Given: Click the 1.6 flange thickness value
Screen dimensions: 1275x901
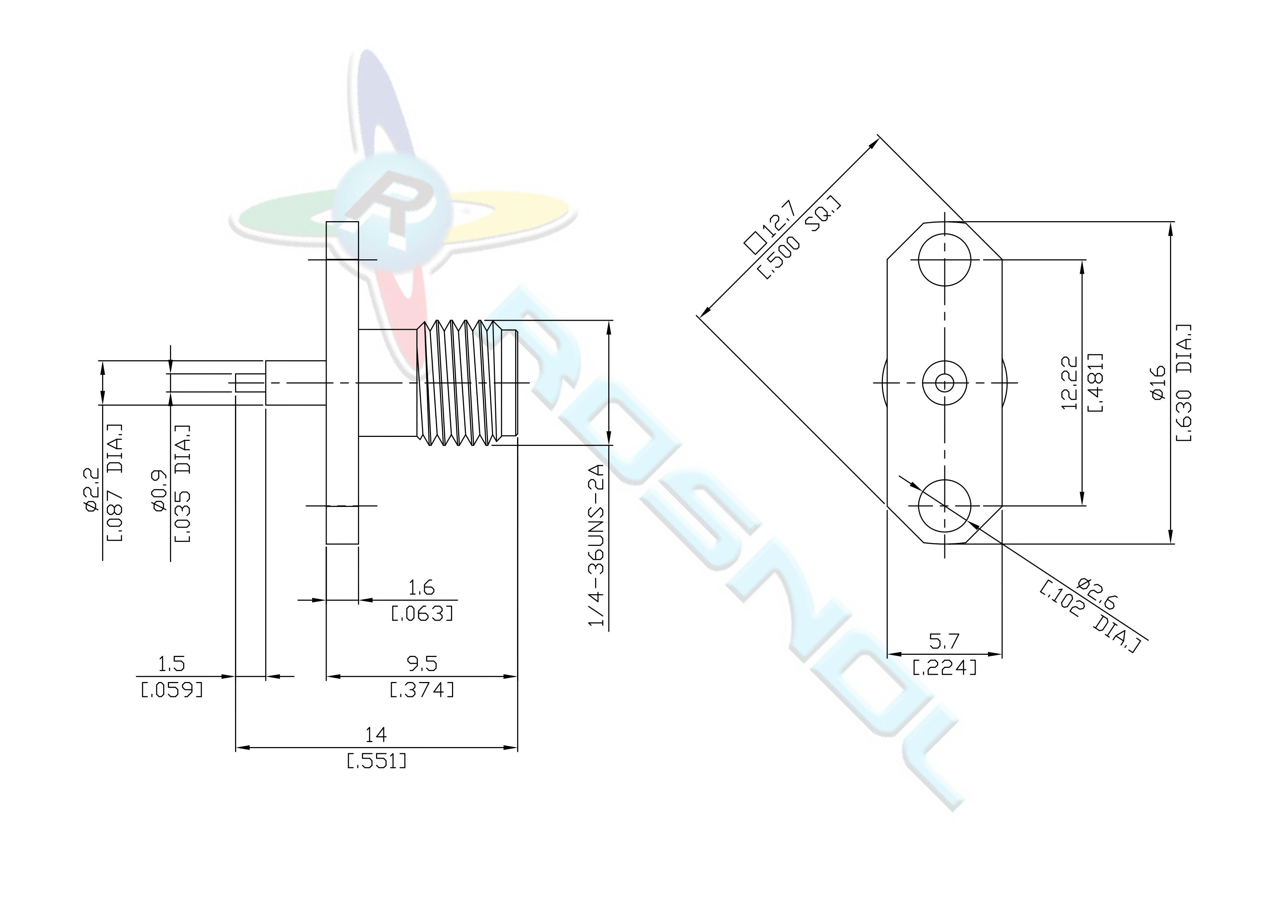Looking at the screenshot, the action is click(x=421, y=587).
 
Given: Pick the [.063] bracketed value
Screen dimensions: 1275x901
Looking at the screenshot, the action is click(x=422, y=613).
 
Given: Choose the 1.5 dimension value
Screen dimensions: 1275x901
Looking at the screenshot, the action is click(x=172, y=663).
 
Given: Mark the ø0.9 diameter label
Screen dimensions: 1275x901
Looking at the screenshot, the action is click(x=160, y=488).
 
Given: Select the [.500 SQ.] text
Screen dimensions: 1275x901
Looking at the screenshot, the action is click(x=799, y=239).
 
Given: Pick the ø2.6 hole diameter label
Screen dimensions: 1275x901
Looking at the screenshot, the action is click(x=1097, y=593).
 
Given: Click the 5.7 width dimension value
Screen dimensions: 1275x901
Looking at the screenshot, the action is click(x=944, y=642).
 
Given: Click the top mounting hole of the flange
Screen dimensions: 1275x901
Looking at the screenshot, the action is click(x=945, y=259).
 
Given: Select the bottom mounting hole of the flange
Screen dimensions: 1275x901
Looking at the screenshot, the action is click(x=945, y=506).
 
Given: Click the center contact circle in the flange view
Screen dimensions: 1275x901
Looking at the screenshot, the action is click(x=945, y=382).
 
